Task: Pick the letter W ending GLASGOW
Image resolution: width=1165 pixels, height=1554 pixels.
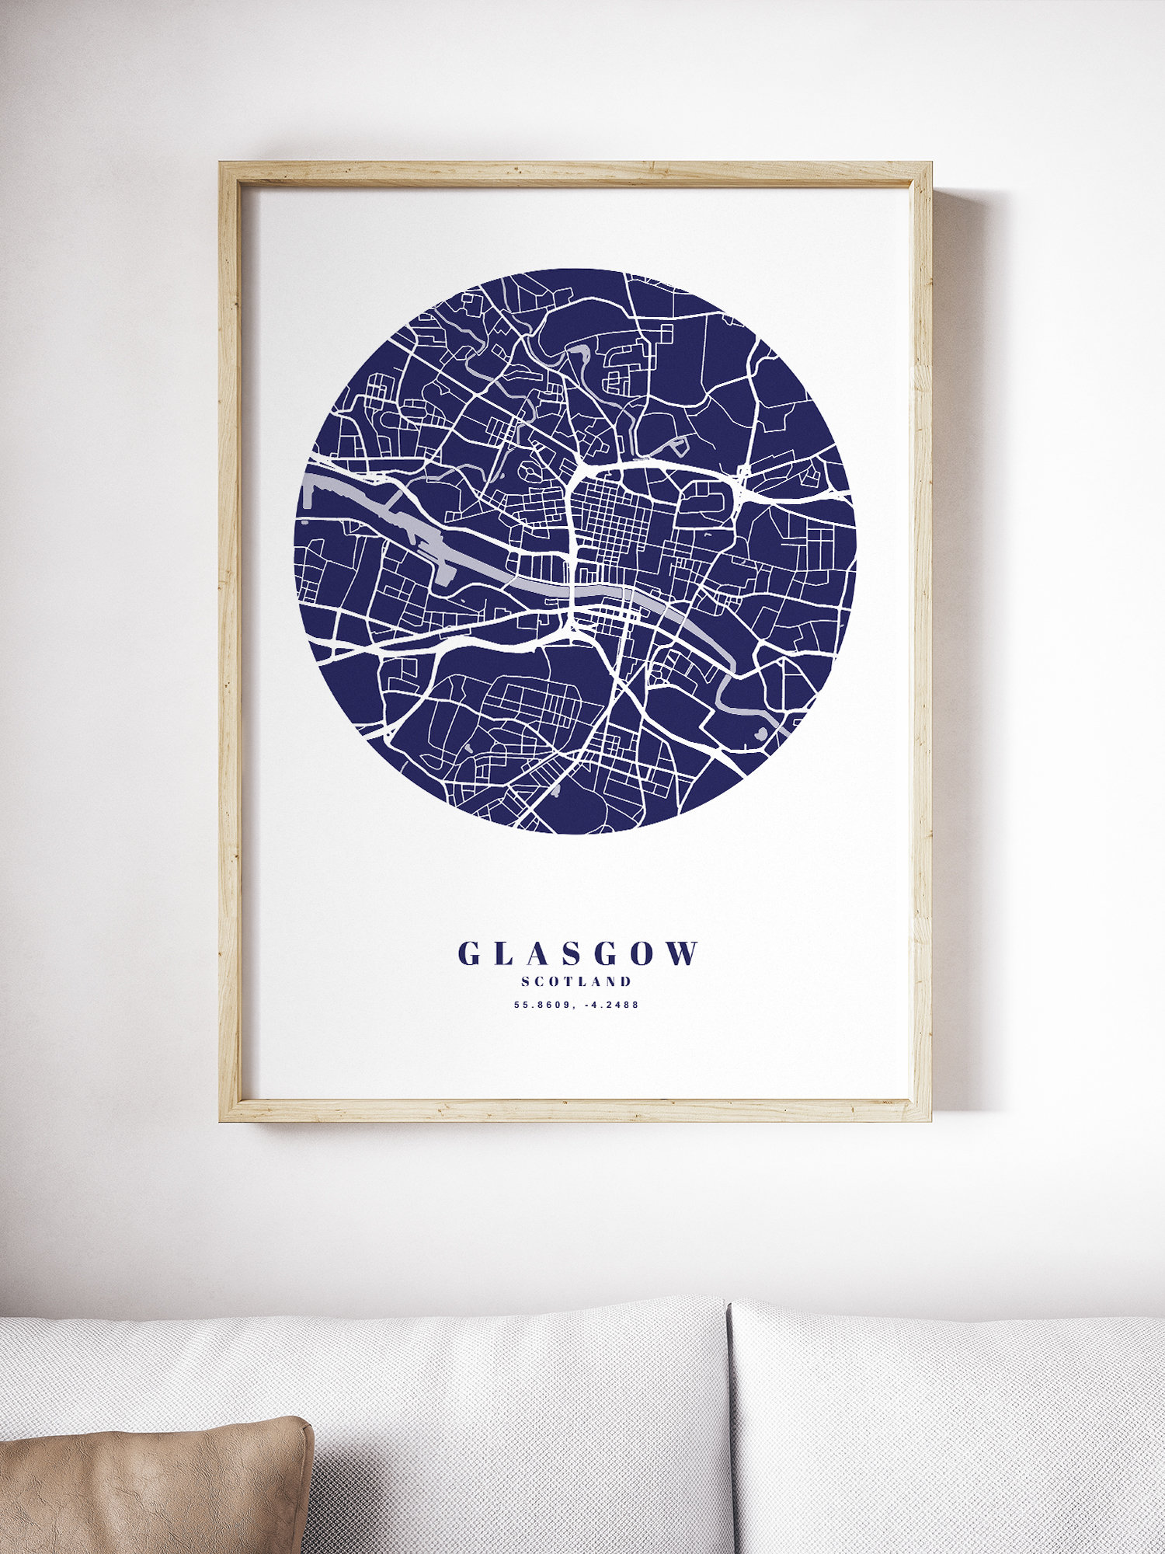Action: click(x=683, y=953)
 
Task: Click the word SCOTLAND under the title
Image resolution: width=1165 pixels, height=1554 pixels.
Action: click(x=576, y=981)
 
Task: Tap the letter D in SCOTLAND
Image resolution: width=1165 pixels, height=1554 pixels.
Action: click(x=626, y=981)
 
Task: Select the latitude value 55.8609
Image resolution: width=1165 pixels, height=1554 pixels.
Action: click(x=541, y=1005)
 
